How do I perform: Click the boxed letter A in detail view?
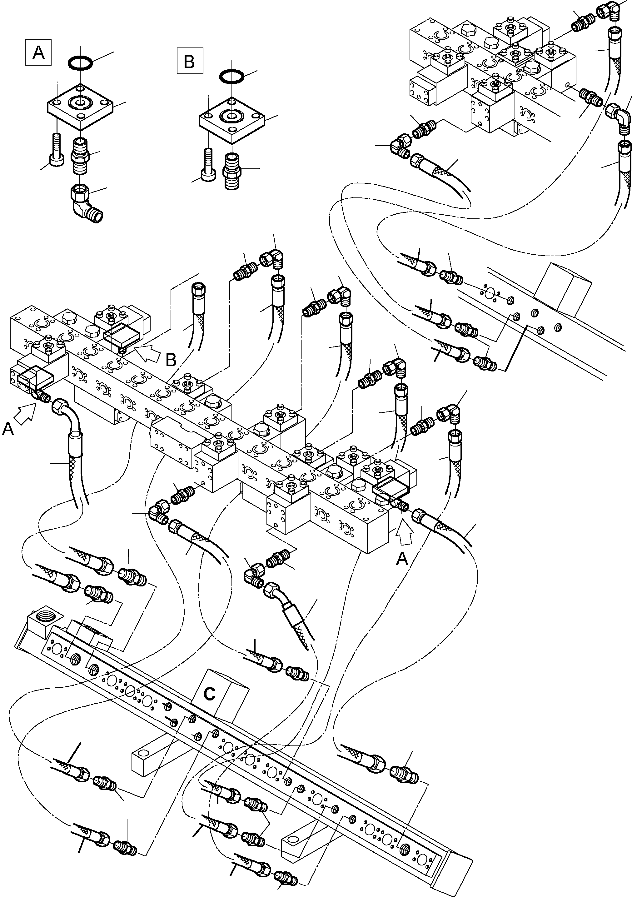[38, 52]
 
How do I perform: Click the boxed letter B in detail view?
[189, 61]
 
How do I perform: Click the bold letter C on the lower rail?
[210, 694]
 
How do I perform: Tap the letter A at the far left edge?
[8, 429]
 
